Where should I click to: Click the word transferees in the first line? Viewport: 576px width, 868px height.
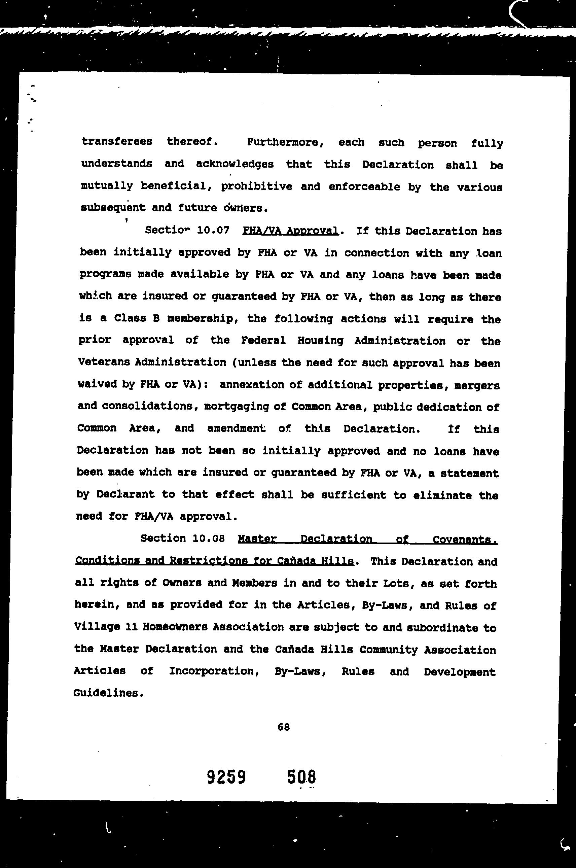click(x=117, y=141)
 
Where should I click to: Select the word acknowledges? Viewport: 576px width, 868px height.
click(x=235, y=164)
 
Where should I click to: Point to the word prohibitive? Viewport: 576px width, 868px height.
click(x=256, y=186)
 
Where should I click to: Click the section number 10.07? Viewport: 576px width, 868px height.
click(x=213, y=231)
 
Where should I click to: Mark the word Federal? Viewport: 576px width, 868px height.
click(x=263, y=341)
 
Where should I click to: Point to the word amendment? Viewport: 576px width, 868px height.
click(x=236, y=428)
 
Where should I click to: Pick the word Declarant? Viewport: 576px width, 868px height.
click(x=125, y=494)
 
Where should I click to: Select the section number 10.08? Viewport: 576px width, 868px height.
click(x=208, y=539)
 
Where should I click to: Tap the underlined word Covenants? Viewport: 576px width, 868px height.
click(x=465, y=540)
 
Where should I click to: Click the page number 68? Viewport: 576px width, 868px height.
click(x=284, y=727)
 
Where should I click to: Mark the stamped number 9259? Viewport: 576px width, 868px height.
click(x=226, y=777)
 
